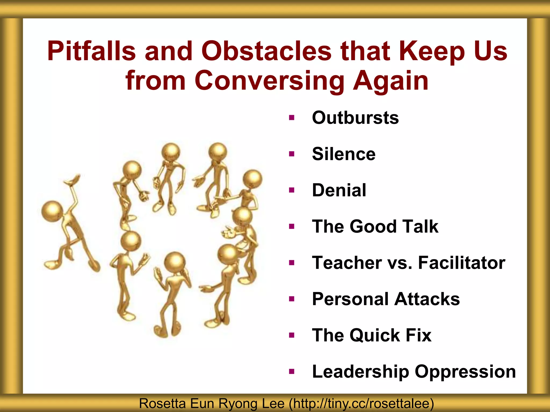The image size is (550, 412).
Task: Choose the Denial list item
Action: coord(339,190)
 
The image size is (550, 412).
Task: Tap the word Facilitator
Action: coord(462,263)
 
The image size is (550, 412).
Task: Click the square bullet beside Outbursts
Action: coord(292,117)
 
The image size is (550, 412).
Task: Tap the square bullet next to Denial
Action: coord(292,190)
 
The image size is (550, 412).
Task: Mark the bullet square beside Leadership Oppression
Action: coord(292,371)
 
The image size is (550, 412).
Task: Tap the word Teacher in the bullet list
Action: coord(347,263)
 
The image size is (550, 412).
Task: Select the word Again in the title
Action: coord(390,80)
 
